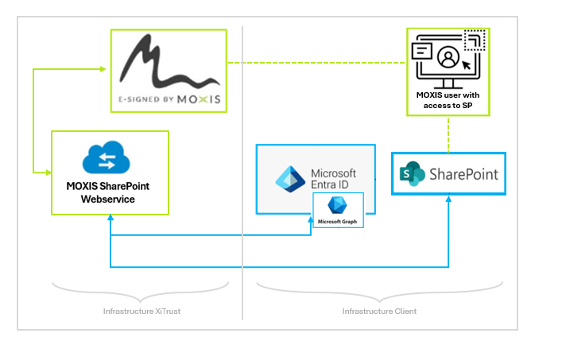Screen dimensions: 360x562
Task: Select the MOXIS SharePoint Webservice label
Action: click(x=110, y=192)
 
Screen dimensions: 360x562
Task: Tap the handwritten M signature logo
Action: click(x=166, y=62)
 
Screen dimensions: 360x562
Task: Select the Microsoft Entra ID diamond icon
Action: click(x=290, y=179)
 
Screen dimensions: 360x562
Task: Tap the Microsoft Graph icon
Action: click(x=337, y=205)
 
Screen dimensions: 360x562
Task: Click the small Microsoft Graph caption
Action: click(x=338, y=221)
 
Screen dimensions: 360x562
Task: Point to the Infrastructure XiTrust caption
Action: click(x=141, y=311)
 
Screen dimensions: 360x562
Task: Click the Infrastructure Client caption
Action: click(x=379, y=311)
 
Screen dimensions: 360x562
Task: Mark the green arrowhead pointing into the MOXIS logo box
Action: click(x=104, y=69)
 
